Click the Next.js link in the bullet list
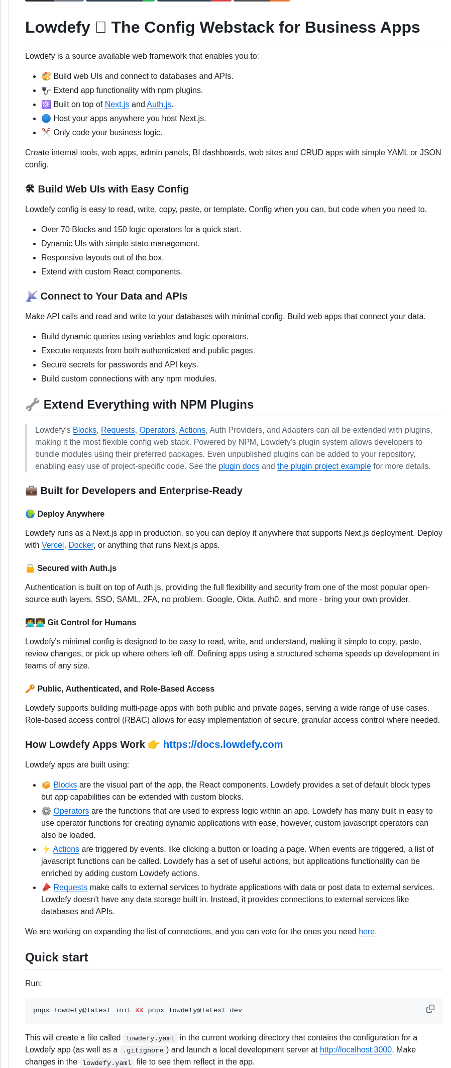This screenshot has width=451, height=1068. (x=117, y=105)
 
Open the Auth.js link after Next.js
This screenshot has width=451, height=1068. (x=159, y=105)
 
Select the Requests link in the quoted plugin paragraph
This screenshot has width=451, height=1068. (x=118, y=430)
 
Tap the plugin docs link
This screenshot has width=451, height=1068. (x=239, y=466)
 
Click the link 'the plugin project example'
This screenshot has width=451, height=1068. (x=324, y=466)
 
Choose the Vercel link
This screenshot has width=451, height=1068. (x=53, y=545)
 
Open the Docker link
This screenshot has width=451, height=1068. (x=81, y=545)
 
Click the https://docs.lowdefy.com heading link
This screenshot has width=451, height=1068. (x=223, y=745)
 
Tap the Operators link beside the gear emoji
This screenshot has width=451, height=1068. (x=71, y=811)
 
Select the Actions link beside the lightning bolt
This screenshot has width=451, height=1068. (x=66, y=849)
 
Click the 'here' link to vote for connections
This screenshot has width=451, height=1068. (x=367, y=932)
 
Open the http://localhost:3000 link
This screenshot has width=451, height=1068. (x=356, y=1050)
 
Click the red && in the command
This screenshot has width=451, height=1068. (x=140, y=1011)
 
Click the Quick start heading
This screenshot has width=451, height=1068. (x=57, y=957)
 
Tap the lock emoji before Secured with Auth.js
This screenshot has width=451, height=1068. (x=30, y=568)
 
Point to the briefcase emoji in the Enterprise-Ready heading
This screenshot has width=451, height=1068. (x=31, y=491)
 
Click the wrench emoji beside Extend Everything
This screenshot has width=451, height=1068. (x=33, y=405)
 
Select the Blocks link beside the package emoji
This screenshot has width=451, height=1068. (x=65, y=785)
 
